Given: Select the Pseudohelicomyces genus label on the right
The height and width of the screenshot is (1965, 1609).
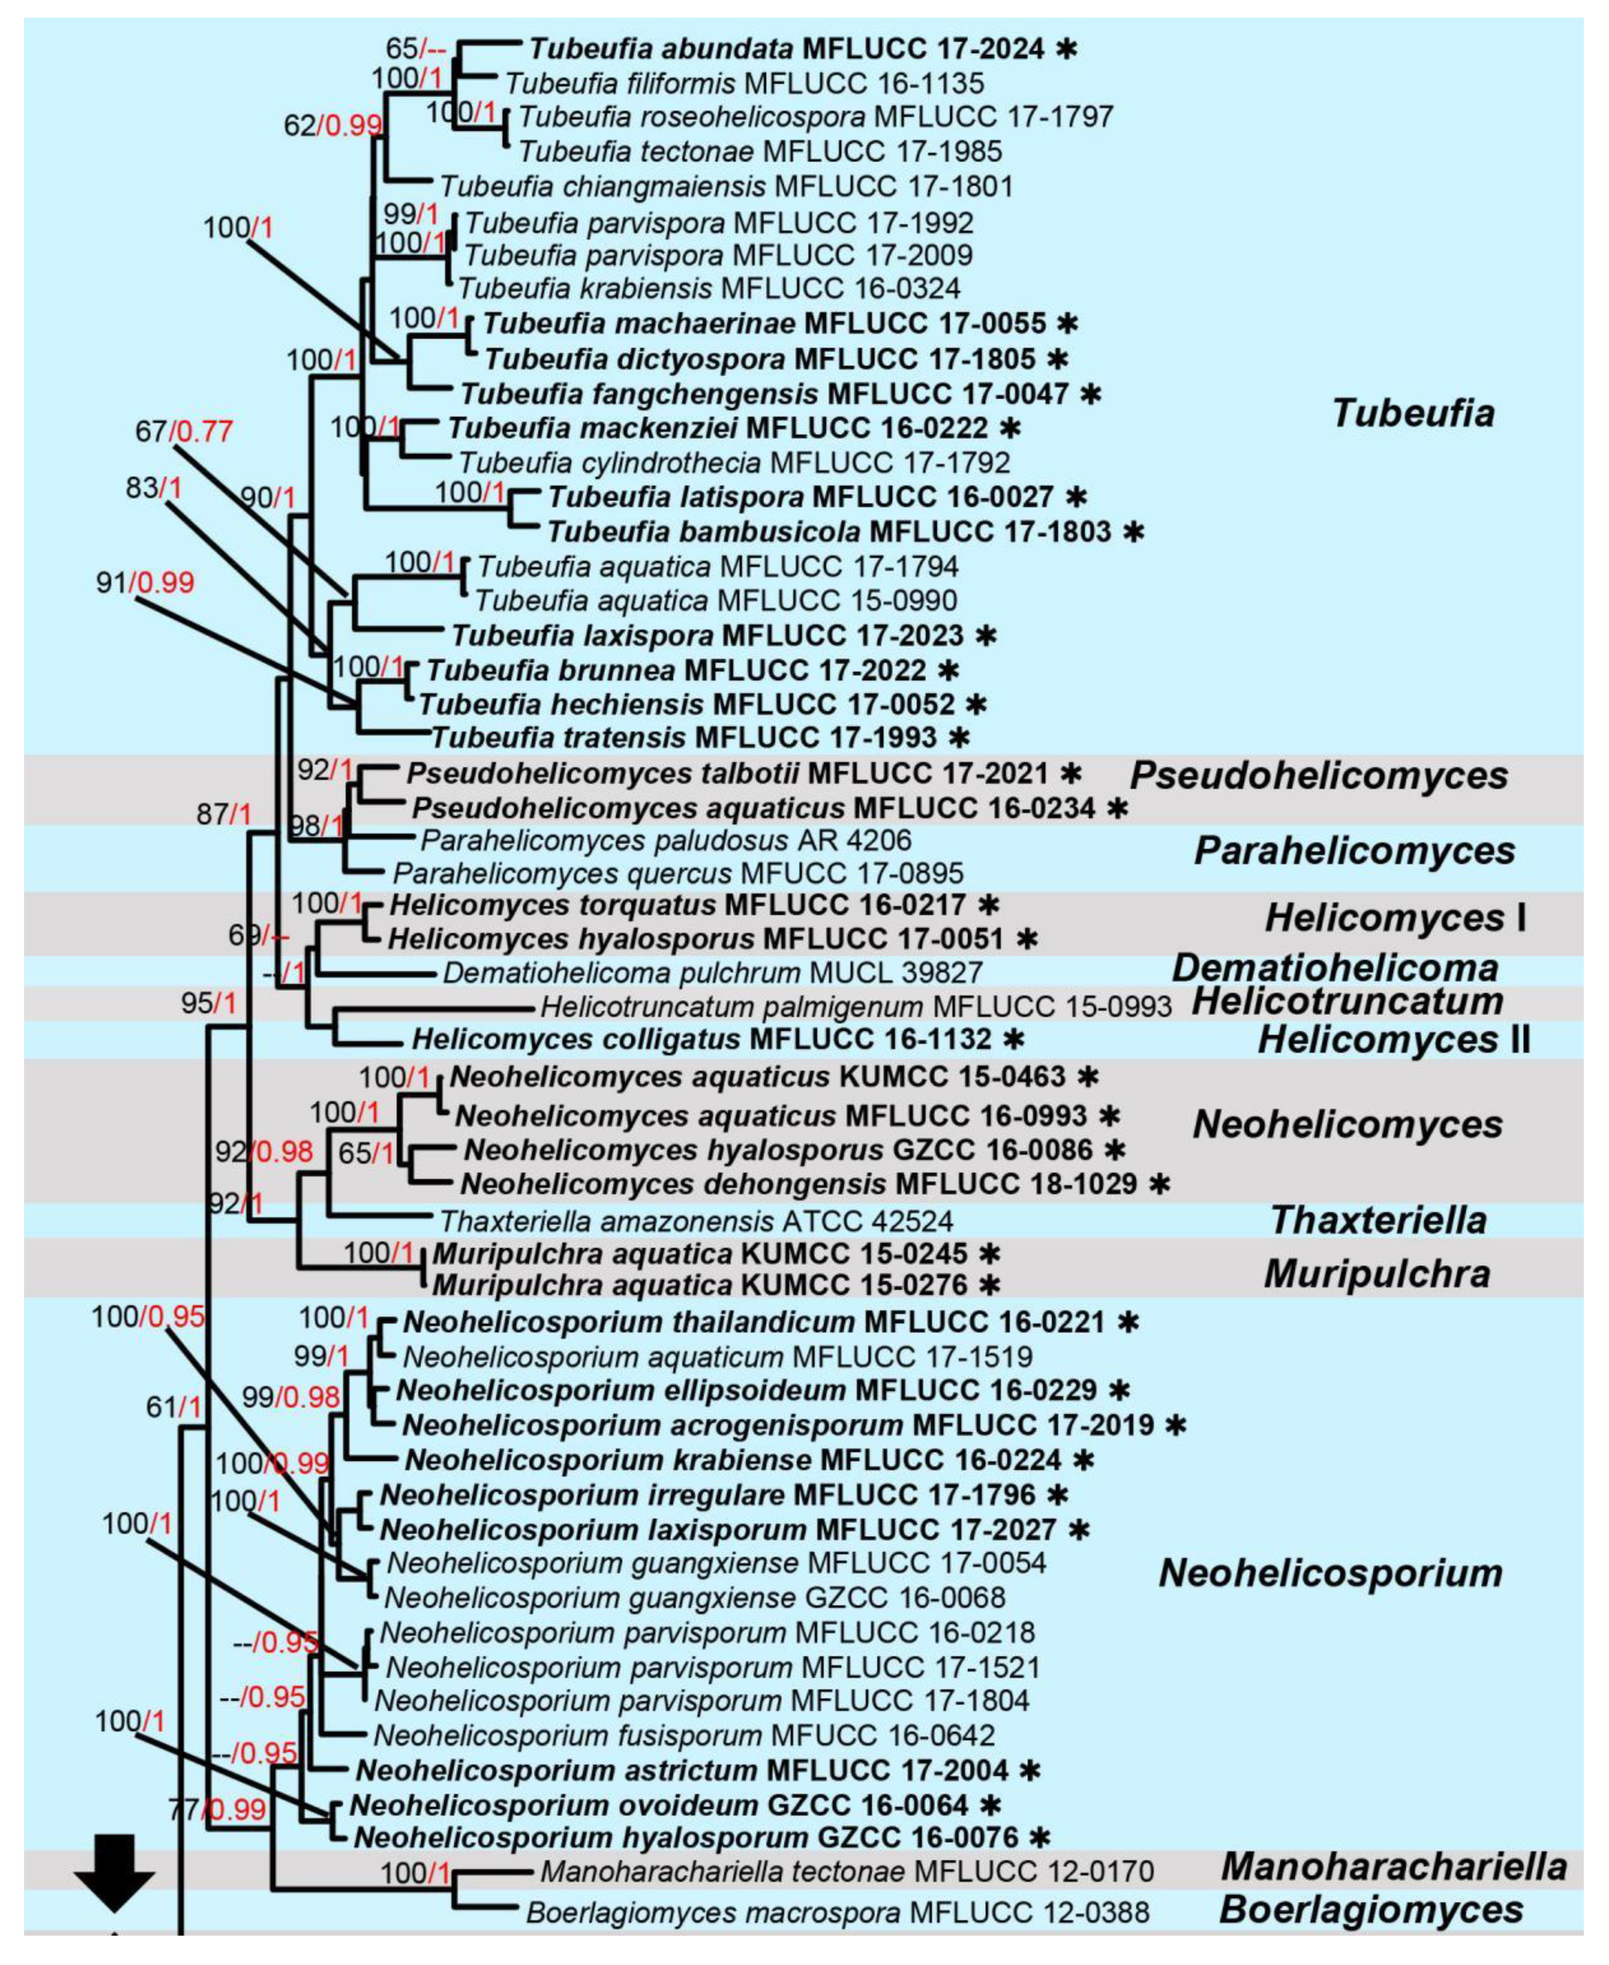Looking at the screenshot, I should coord(1318,775).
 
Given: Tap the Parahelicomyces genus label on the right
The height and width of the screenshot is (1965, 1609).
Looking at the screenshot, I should coord(1353,850).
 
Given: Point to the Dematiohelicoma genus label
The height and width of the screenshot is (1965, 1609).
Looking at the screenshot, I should coord(1335,968).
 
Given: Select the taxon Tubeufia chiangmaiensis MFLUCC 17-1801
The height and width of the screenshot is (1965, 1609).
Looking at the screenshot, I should coord(726,186).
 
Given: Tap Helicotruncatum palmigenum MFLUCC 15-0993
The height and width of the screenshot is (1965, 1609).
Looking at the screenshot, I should coord(855,1005).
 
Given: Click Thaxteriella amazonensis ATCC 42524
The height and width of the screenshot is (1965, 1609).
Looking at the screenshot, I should coord(696,1221).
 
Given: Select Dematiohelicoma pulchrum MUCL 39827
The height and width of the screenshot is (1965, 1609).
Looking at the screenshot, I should coord(712,972).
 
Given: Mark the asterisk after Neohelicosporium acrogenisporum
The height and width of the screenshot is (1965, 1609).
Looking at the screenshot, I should coord(1176,1425).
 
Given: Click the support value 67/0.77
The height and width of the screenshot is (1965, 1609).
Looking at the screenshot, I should coord(184,431).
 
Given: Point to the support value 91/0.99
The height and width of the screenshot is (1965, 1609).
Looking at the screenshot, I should coord(145,582).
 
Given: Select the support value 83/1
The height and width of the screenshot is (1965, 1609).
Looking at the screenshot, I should coord(155,487).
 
